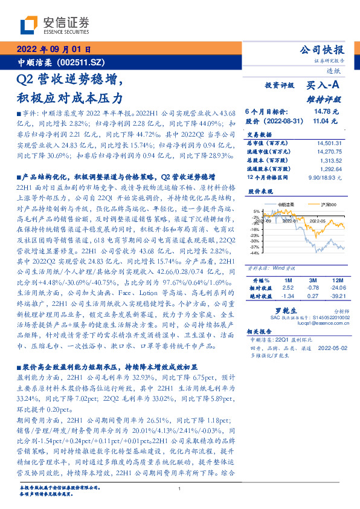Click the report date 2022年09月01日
coord(53,50)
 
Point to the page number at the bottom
coord(180,489)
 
